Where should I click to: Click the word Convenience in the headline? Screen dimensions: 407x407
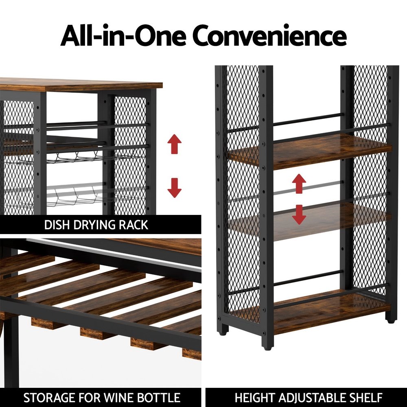click(x=269, y=35)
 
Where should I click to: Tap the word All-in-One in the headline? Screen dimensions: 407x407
click(x=123, y=35)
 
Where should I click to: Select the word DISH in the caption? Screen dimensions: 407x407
click(x=57, y=225)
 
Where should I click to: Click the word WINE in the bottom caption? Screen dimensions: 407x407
click(x=118, y=398)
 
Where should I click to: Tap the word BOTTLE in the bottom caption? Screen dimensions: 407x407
click(x=159, y=398)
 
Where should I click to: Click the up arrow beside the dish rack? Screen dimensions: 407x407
click(x=175, y=144)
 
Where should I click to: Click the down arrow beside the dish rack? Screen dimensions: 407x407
click(x=175, y=188)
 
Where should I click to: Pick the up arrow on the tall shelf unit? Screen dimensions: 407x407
click(x=299, y=184)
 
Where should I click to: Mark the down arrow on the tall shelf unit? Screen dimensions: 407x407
click(x=299, y=214)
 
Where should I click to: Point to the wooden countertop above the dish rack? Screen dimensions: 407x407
click(x=81, y=84)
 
